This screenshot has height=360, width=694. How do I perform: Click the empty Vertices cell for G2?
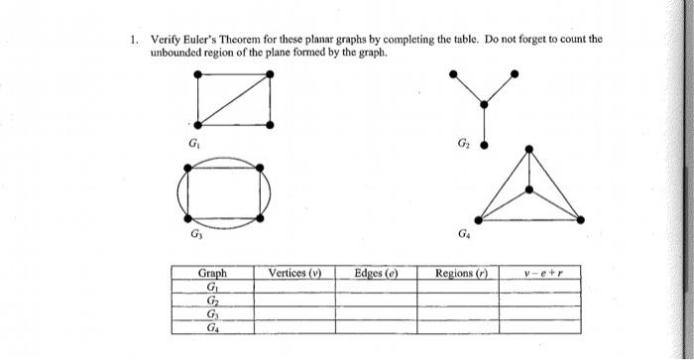tap(295, 299)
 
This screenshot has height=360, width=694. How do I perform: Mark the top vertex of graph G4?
tap(529, 151)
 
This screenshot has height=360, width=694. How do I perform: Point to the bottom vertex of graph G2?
tap(485, 145)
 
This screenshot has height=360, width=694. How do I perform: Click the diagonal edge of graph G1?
tap(235, 99)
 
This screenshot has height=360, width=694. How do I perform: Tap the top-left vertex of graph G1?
tap(199, 74)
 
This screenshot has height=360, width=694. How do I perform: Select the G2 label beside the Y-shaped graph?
tap(461, 145)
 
